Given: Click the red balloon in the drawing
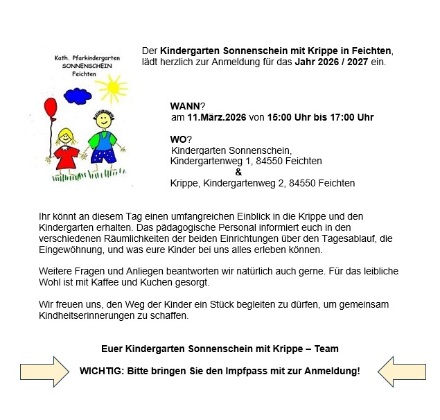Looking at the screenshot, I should pos(51,109).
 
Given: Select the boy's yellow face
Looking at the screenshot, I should pos(103,120).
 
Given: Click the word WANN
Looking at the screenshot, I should pos(184,106).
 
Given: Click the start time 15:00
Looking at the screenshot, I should pos(281,118).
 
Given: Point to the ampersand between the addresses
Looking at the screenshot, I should pos(238,172).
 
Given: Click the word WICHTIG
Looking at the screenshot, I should pos(100,371).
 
